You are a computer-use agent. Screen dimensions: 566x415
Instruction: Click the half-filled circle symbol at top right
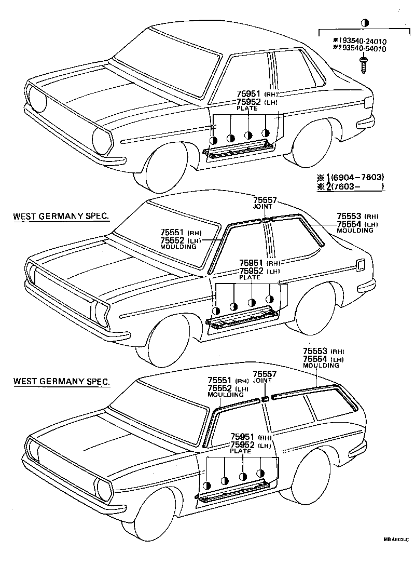[365, 23]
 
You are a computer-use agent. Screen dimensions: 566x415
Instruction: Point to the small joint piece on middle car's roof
[266, 220]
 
